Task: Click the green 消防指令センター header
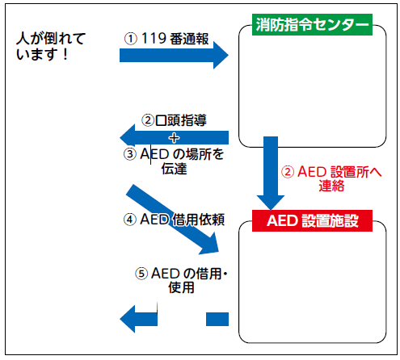coord(312,24)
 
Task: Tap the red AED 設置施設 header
coord(312,220)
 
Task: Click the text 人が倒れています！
coord(51,46)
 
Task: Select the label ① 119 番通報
coord(166,39)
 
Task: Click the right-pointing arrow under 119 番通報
coord(174,56)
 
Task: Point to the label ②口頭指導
coord(174,120)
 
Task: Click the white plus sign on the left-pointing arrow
coord(174,138)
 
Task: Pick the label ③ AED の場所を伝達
coord(174,161)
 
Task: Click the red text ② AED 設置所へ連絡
coord(331,178)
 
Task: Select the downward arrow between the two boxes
coord(271,173)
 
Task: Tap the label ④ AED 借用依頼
coord(174,220)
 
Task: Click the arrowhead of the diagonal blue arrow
coord(210,245)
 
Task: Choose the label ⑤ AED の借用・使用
coord(181,280)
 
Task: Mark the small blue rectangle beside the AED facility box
coord(217,319)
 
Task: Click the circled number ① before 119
coord(131,39)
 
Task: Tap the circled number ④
coord(130,220)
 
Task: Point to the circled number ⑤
coord(141,274)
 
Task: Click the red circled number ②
coord(288,172)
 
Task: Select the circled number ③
coord(130,154)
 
